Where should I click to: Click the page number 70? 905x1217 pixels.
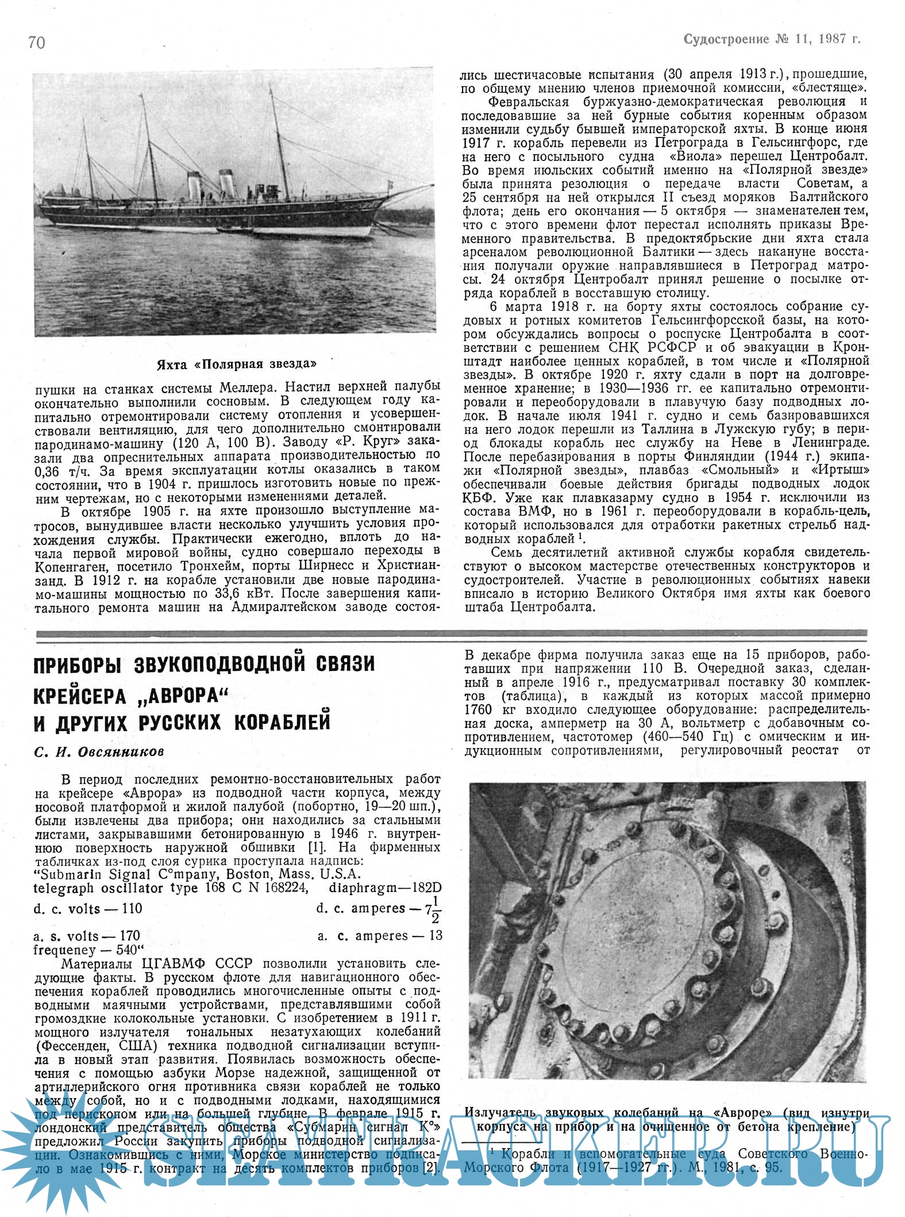click(x=36, y=42)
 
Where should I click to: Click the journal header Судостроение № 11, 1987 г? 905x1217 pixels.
click(x=772, y=39)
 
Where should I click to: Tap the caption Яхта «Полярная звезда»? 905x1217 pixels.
click(x=236, y=364)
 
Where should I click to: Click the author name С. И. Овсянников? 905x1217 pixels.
click(x=99, y=752)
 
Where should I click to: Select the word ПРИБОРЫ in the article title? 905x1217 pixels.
click(x=77, y=664)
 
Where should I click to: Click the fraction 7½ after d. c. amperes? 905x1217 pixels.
click(x=432, y=909)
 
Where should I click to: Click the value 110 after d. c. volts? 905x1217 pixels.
click(x=132, y=909)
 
